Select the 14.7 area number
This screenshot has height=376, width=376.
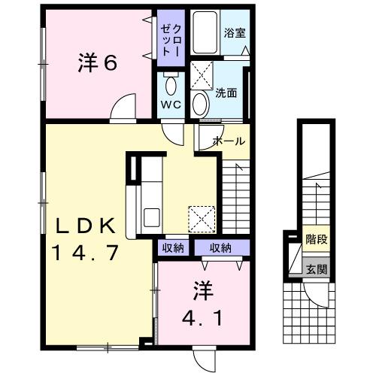coord(84,253)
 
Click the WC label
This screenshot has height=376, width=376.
coord(169,105)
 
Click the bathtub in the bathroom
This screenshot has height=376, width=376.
coord(205,35)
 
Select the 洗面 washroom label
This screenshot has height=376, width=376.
coord(226,94)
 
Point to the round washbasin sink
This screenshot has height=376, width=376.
coord(201,103)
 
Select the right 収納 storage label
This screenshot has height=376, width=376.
coord(220,248)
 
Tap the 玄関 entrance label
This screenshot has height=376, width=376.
coord(316,268)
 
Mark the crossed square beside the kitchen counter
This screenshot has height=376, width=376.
coord(200,220)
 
